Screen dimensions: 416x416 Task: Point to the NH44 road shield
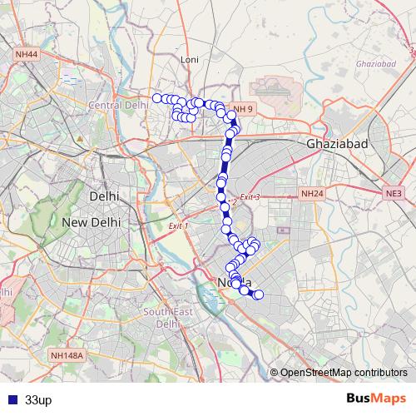[26, 54]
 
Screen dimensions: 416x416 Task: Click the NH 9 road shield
[243, 109]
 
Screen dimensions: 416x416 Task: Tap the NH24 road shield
[311, 194]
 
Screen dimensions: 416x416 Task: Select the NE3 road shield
[394, 194]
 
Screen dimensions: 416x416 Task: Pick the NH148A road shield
[67, 355]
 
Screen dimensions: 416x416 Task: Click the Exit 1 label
[178, 226]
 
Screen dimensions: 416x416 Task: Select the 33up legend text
[38, 399]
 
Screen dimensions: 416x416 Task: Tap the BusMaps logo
[377, 399]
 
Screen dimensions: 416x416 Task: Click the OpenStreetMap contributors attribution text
[344, 373]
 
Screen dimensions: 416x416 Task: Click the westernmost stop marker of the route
[156, 98]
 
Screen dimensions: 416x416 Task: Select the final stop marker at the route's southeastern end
[258, 295]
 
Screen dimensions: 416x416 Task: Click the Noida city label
[233, 283]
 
